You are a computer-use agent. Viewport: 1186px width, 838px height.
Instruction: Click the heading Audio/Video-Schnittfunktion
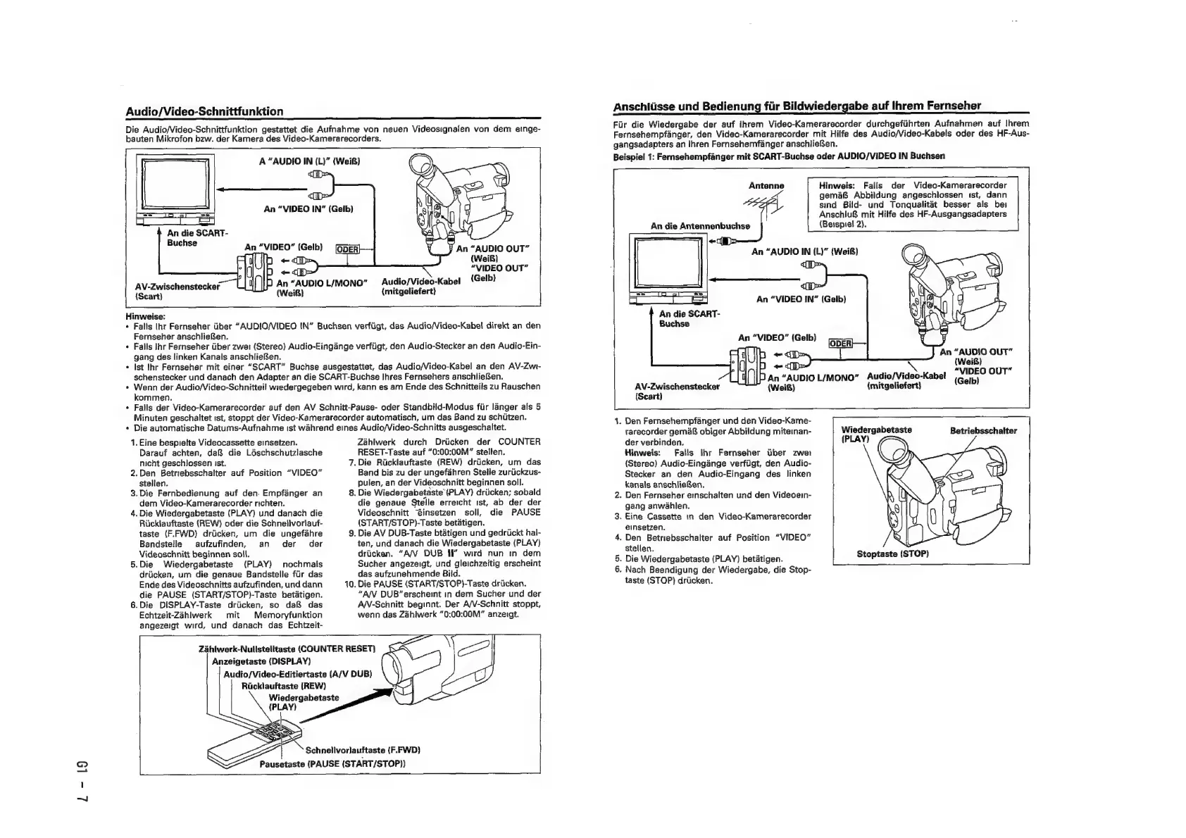coord(204,111)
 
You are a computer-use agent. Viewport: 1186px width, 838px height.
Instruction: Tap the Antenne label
coord(766,186)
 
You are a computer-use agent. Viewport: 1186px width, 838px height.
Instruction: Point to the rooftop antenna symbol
coord(763,206)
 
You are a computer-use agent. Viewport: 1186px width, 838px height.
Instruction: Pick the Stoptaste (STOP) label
coord(892,554)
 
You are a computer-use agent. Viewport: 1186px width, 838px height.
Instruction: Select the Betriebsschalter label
coord(982,430)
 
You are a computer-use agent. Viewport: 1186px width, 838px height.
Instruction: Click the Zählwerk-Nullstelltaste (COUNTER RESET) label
coord(288,648)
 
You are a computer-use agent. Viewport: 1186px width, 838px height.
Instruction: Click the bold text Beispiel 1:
coord(635,156)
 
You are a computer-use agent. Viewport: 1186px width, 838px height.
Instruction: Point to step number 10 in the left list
coord(349,584)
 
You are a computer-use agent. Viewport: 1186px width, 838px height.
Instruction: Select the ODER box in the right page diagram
coord(841,343)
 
